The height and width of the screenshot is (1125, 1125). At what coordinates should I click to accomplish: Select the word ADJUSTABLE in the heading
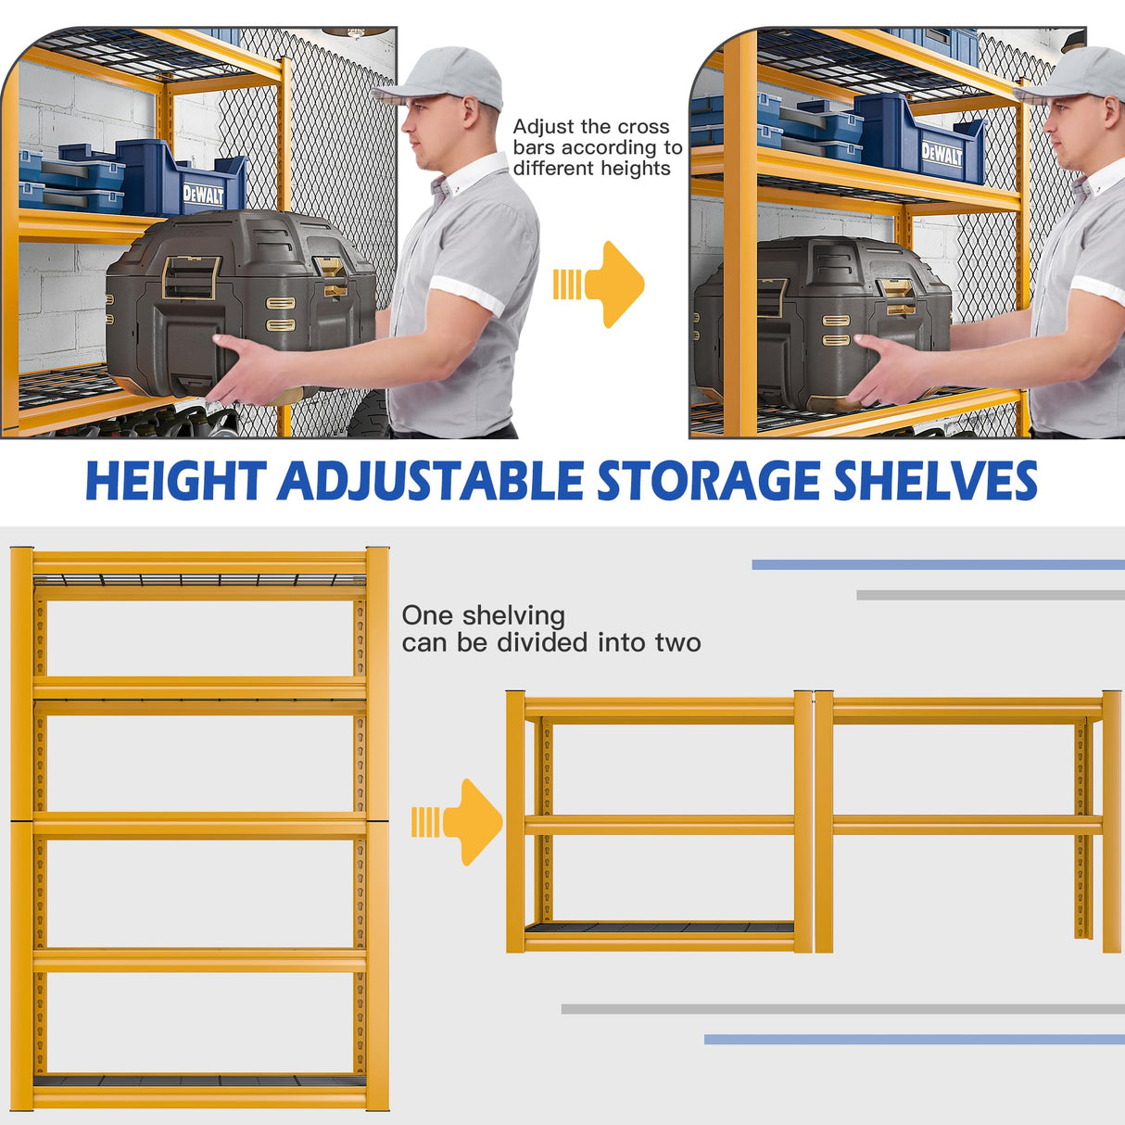tap(430, 481)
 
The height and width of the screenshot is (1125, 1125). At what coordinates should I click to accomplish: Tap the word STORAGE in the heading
tap(708, 481)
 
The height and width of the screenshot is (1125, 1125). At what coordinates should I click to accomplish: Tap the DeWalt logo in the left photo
tap(203, 195)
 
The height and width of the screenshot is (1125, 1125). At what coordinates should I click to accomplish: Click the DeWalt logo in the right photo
tap(942, 155)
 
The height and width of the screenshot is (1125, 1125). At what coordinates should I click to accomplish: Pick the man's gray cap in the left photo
tap(443, 76)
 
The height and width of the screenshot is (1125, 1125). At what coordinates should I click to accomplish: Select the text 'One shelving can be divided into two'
tap(550, 629)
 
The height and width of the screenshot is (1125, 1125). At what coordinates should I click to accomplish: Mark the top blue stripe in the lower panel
tap(938, 564)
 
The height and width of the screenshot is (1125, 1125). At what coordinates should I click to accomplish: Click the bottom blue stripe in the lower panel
tap(914, 1040)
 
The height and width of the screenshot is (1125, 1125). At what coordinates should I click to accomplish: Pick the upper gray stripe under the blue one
tap(990, 595)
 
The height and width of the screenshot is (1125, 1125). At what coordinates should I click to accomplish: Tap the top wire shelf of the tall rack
tap(199, 581)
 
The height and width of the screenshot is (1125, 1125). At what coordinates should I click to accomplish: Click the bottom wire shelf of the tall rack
tap(199, 1081)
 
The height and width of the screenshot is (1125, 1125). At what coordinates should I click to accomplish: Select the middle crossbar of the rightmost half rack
tap(967, 825)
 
